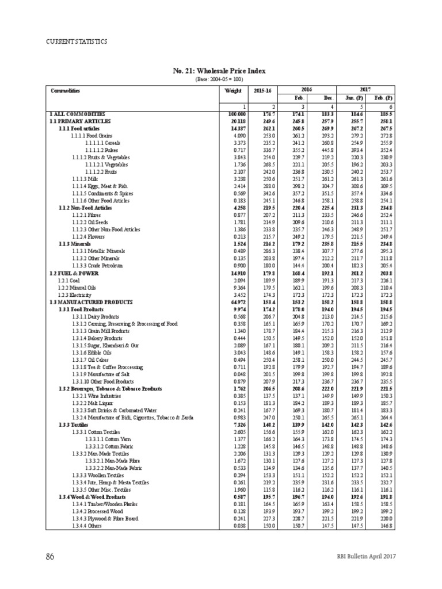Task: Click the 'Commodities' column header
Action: (x=66, y=91)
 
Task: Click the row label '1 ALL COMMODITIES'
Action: (x=74, y=115)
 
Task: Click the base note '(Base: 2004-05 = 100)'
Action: (x=219, y=79)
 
